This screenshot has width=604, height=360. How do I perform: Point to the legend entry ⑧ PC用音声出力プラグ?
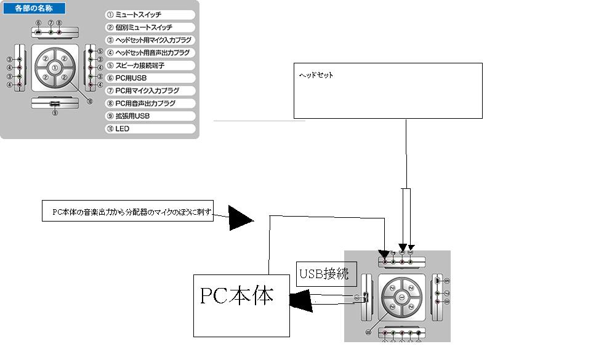point(148,103)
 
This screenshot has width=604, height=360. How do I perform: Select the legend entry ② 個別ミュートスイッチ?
point(148,27)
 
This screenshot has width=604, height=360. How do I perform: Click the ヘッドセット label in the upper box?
point(316,75)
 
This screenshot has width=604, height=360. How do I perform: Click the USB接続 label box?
point(323,274)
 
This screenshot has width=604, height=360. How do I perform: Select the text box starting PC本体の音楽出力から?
point(128,211)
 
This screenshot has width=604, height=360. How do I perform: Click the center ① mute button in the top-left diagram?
point(55,67)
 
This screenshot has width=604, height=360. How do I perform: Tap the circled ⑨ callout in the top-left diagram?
point(55,113)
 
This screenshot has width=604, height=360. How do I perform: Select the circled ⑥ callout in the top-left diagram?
point(38,23)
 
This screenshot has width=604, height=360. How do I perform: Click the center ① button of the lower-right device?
point(400,297)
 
